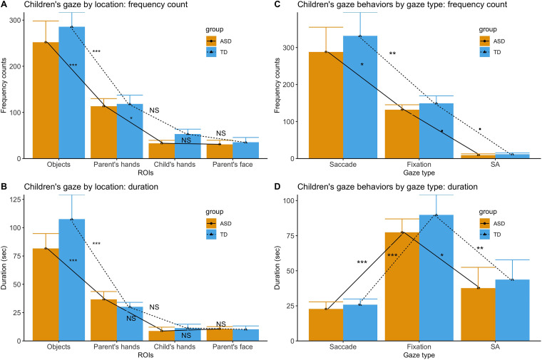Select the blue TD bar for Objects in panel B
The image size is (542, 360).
[72, 271]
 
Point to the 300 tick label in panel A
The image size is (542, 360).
[14, 19]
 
